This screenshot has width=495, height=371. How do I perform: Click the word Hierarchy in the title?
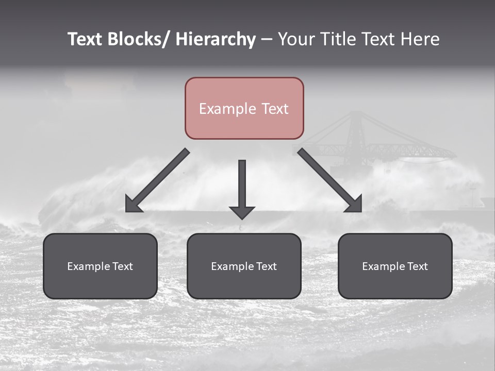216,39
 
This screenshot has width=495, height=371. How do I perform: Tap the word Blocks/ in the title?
138,39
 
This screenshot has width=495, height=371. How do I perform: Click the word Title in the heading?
335,39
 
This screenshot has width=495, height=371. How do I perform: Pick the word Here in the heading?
420,39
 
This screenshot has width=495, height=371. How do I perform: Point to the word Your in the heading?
298,39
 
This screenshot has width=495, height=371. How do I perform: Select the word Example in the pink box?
227,109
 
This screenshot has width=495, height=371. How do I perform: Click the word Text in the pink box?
274,109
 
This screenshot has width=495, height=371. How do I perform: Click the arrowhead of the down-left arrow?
133,205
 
